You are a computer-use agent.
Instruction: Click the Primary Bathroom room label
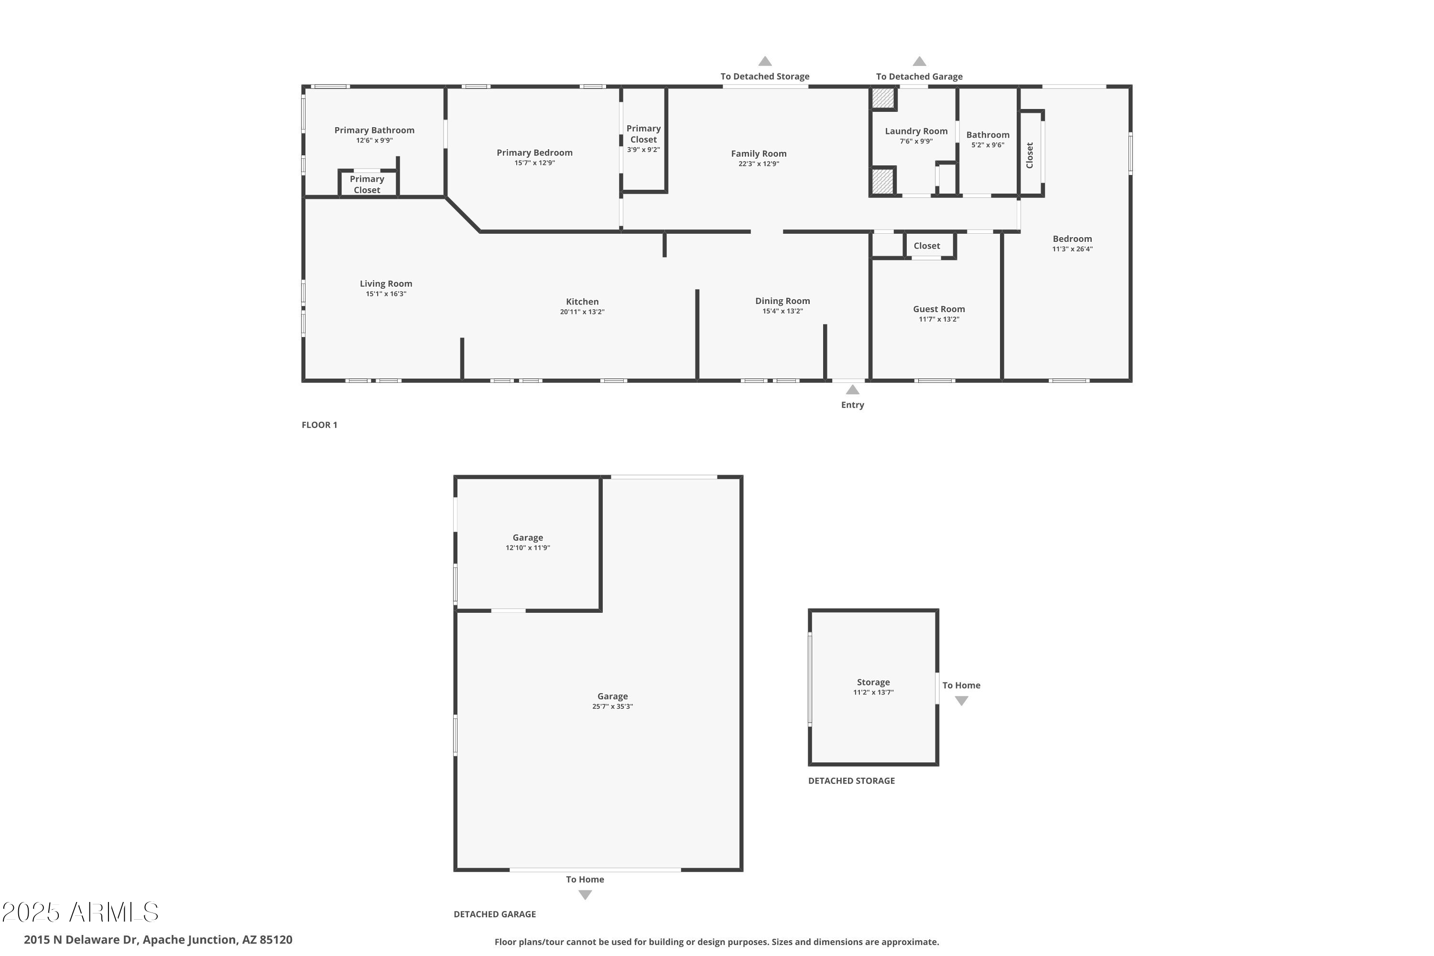click(x=374, y=130)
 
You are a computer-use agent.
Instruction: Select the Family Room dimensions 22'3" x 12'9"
click(x=759, y=164)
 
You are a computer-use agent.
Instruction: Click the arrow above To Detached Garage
click(x=919, y=61)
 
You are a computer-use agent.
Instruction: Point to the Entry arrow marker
click(x=852, y=390)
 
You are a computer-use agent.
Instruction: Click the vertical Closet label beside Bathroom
click(x=1029, y=155)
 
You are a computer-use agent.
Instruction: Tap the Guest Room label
click(x=938, y=309)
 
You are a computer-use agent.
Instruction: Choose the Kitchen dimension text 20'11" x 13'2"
click(x=582, y=312)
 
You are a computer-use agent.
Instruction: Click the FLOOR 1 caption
click(x=319, y=425)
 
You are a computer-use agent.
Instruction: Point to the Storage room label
click(x=873, y=682)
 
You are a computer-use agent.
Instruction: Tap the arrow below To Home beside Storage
click(x=961, y=701)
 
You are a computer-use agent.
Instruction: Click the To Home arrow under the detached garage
click(x=585, y=895)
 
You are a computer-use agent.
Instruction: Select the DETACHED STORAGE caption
click(x=851, y=781)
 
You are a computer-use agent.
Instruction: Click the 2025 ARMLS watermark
click(x=80, y=912)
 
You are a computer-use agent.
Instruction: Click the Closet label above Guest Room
click(x=926, y=246)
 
